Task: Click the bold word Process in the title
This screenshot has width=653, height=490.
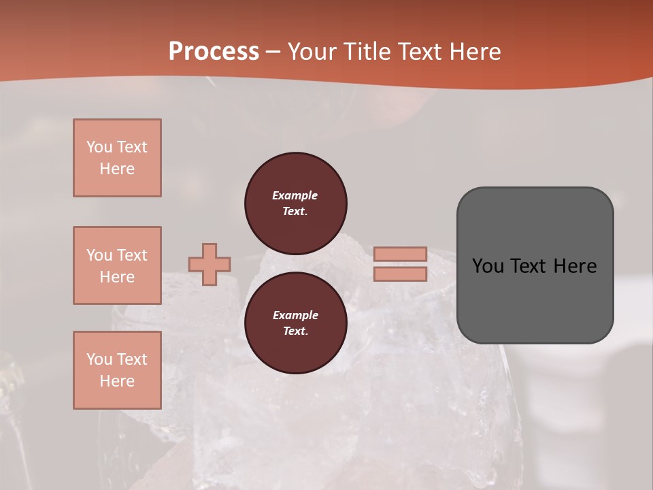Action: tap(214, 52)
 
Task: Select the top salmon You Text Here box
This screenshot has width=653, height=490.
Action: tap(117, 158)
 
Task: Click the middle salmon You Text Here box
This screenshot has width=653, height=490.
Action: tap(117, 265)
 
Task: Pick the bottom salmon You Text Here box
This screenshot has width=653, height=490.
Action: tap(117, 370)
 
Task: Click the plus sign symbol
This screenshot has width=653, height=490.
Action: tap(210, 265)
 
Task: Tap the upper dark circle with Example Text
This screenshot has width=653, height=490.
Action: tap(295, 203)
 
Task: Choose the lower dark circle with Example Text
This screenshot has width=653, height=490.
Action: tap(295, 323)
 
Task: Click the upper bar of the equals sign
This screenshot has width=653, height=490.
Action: tap(400, 254)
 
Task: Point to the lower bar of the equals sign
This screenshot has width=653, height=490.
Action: tap(400, 274)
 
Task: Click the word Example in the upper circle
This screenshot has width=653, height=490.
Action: tap(295, 195)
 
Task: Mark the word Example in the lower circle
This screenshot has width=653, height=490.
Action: tap(295, 315)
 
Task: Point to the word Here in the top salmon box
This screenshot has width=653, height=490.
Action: tap(117, 169)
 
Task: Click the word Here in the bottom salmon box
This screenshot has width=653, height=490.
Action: tap(117, 381)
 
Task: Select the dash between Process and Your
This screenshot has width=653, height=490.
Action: tap(273, 52)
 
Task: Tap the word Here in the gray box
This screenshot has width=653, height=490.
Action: tap(574, 266)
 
